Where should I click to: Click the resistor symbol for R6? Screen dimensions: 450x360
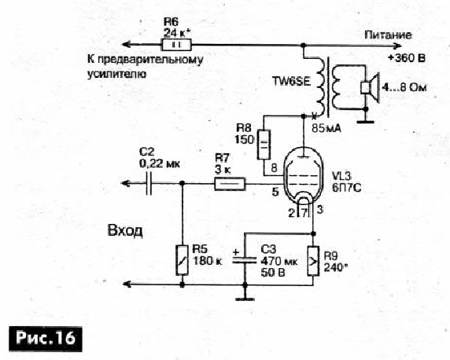pos(176,45)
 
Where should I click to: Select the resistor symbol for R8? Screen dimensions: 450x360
pos(264,145)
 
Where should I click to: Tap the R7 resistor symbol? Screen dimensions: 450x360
pos(230,184)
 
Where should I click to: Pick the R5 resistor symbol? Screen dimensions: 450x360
pos(182,260)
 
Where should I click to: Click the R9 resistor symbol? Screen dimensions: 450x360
pos(313,260)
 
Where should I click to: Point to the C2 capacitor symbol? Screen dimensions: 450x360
pos(149,183)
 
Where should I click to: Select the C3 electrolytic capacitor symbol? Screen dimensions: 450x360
pos(245,259)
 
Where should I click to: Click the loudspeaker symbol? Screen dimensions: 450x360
pos(371,87)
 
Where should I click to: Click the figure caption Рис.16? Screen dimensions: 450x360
pos(46,339)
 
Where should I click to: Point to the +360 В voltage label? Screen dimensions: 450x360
pos(406,58)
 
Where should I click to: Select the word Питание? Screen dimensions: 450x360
pos(388,35)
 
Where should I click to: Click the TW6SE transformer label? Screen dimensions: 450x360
pos(291,82)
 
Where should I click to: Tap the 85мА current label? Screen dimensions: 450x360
pos(326,128)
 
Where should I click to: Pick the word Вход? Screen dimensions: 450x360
pos(125,230)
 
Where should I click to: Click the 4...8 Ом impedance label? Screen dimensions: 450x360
pos(404,87)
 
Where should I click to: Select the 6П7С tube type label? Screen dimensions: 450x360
pos(346,188)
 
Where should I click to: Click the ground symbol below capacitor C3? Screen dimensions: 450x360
pos(245,299)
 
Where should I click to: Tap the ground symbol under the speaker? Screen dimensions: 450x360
pos(366,122)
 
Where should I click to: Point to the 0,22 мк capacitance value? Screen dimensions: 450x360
pos(160,164)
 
